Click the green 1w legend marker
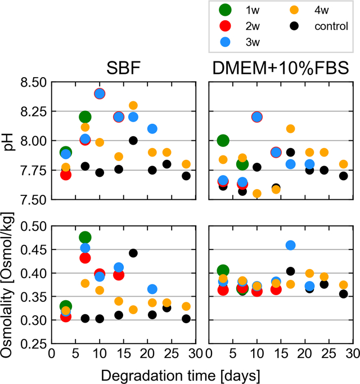[225, 11]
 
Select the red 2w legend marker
[225, 26]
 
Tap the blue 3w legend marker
[225, 41]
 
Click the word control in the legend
[332, 26]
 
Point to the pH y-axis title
[10, 141]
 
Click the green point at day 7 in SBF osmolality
[85, 238]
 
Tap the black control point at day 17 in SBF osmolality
[133, 253]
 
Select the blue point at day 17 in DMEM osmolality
[291, 245]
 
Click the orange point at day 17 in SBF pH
[133, 105]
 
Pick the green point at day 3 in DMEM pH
[223, 141]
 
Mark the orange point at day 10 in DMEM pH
[257, 194]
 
